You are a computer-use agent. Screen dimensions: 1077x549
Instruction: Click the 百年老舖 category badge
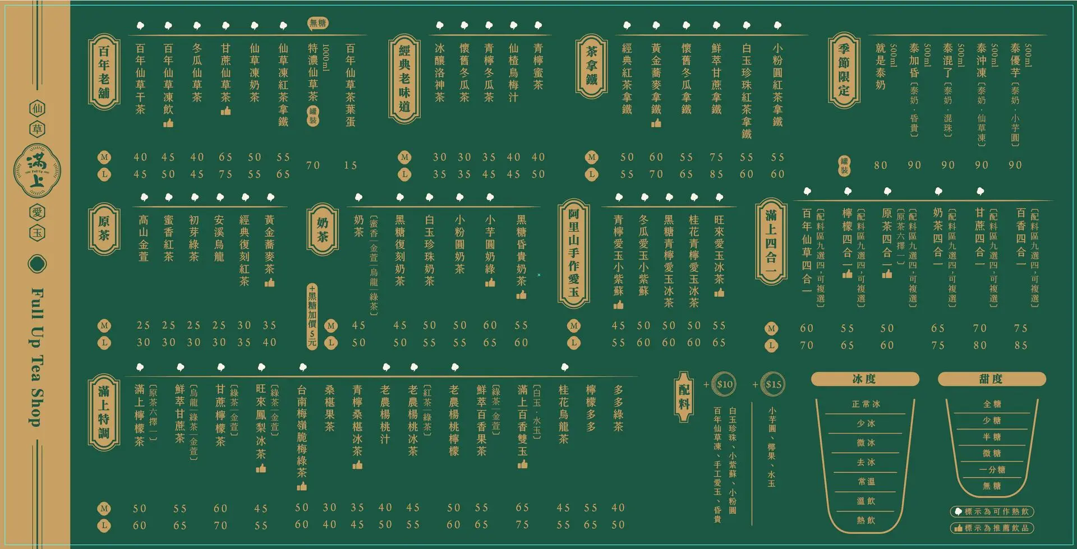click(x=104, y=72)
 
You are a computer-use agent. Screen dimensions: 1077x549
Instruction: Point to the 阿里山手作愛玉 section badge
click(x=573, y=255)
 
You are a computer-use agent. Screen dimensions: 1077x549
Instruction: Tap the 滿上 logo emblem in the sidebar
click(x=37, y=169)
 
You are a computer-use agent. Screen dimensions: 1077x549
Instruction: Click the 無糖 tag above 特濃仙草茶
click(x=317, y=23)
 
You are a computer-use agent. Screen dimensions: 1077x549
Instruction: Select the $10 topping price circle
click(x=725, y=385)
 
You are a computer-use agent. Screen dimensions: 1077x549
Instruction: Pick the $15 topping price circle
click(x=773, y=385)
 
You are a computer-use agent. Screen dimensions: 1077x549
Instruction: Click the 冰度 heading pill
click(x=864, y=379)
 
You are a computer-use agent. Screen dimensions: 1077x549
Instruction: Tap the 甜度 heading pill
click(x=991, y=379)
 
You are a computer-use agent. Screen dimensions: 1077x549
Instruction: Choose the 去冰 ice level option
click(x=866, y=463)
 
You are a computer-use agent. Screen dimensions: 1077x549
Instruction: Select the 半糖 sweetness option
click(x=992, y=437)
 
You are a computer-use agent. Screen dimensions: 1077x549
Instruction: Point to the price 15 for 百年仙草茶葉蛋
click(x=350, y=165)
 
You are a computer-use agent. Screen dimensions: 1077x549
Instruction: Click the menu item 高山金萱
click(x=144, y=238)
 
